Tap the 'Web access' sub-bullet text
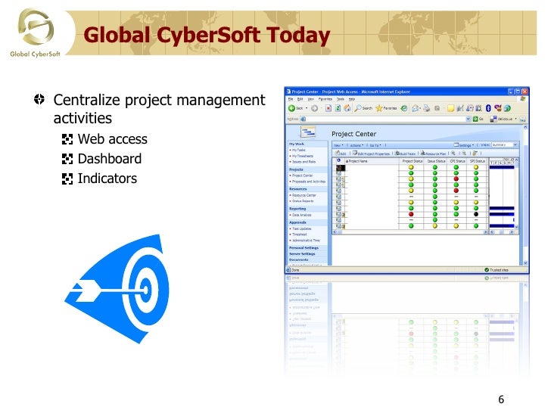(112, 139)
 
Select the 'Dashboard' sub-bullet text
(109, 159)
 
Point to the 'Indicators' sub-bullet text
(107, 179)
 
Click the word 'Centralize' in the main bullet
(86, 101)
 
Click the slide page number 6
(501, 400)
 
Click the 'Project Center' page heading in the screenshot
(353, 134)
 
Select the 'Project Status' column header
(412, 161)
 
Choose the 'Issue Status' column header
(436, 161)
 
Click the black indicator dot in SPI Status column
(476, 214)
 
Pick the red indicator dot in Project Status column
(411, 214)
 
